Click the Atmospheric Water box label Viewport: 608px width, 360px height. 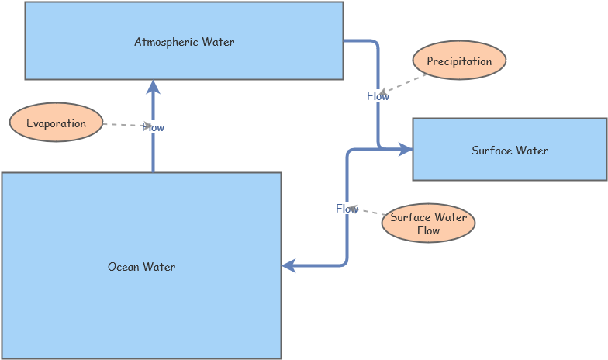coord(184,42)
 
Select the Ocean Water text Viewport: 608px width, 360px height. coord(141,267)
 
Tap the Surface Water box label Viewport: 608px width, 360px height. coord(510,151)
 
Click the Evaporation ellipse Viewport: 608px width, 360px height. coord(56,123)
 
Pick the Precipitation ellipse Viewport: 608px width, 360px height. coord(459,61)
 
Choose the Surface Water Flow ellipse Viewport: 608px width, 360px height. coord(428,223)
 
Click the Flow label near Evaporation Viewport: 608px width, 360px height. coord(153,127)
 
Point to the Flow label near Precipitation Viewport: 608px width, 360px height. coord(378,96)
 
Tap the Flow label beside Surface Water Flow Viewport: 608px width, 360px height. coord(347,209)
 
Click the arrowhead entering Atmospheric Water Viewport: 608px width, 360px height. coord(153,86)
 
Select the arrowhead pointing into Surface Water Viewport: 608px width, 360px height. coord(405,149)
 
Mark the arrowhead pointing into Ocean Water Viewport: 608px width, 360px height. coord(289,266)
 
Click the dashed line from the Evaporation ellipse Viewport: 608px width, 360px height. coord(123,125)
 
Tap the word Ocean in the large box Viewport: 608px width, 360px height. coord(123,267)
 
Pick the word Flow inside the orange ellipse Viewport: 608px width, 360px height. coord(428,230)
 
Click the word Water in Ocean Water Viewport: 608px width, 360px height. coord(160,267)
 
